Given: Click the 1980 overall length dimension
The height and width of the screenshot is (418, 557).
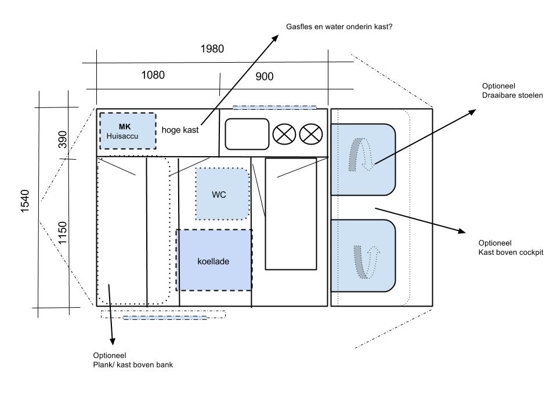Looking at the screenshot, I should (x=212, y=49).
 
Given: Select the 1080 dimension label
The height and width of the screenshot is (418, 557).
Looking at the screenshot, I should (x=153, y=75).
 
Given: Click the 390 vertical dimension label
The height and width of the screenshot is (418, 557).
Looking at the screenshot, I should (x=63, y=140).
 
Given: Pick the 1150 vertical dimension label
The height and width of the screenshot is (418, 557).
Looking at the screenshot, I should (x=63, y=233).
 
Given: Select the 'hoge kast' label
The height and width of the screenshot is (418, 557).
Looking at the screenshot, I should (x=180, y=130).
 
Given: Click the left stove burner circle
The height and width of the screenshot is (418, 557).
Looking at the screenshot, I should (x=284, y=135).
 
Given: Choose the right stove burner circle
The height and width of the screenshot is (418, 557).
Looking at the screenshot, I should (x=311, y=135).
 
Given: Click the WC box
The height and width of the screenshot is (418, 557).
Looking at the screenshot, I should (x=219, y=194).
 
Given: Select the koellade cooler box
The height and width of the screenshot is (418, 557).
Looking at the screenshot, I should (x=214, y=261).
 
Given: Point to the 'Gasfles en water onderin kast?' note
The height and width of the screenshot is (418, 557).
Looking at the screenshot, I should (x=340, y=27).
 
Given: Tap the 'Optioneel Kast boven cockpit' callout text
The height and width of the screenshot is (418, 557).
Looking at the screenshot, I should (x=511, y=247).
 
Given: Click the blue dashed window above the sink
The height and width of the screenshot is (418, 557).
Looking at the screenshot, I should (x=274, y=107).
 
